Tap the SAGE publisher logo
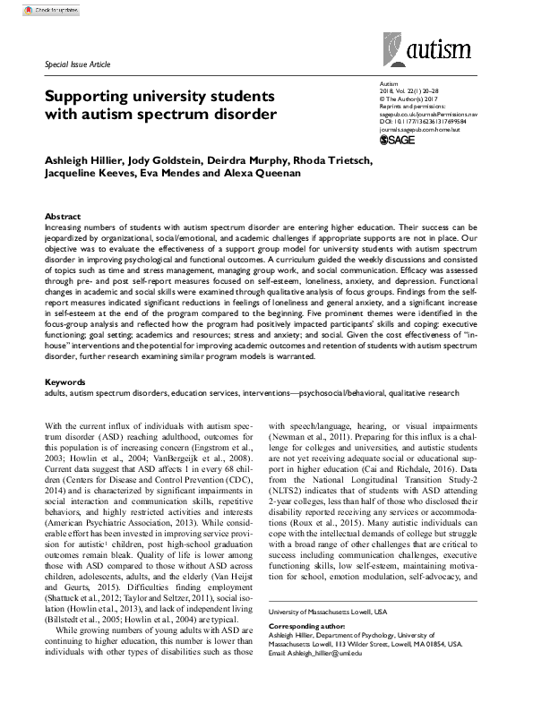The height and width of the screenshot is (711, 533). (x=399, y=140)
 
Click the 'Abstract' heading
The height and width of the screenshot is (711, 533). (x=63, y=217)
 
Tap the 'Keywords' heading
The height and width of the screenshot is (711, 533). (x=65, y=381)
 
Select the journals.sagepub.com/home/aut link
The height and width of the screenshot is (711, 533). (x=418, y=128)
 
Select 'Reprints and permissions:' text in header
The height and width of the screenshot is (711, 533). (x=413, y=107)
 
